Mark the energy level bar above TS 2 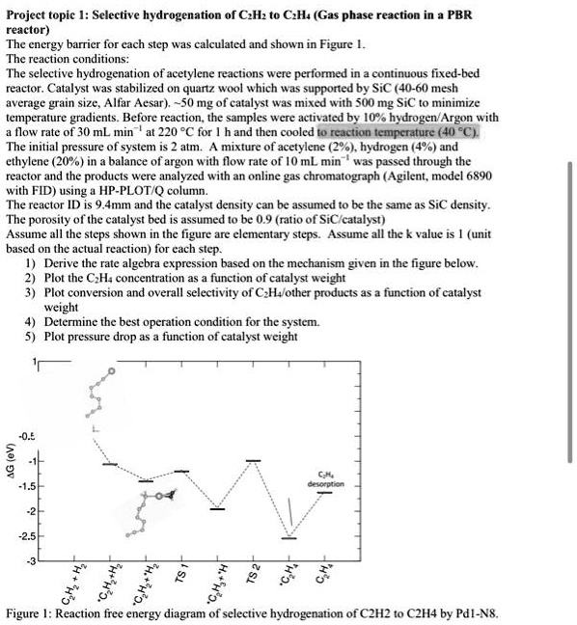(x=253, y=461)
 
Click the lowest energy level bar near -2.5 (x=288, y=537)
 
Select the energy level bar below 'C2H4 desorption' (x=325, y=493)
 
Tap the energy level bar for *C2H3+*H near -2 (x=217, y=508)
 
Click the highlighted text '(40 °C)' (x=466, y=131)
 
